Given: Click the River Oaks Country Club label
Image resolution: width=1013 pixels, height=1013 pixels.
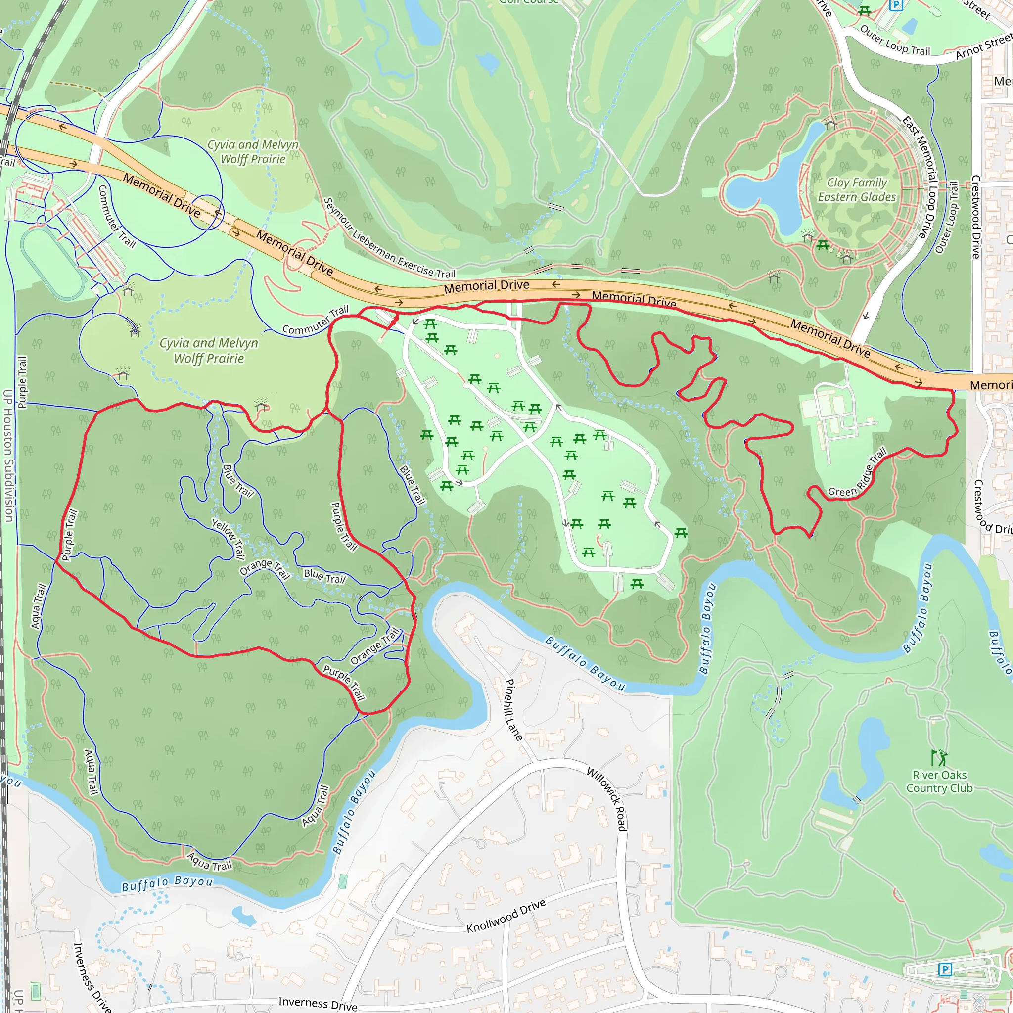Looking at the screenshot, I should click(x=940, y=782).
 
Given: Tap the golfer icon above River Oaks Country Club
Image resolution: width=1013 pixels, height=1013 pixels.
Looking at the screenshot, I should click(x=939, y=758).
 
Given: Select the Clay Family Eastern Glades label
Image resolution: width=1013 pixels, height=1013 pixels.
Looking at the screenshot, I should click(x=857, y=190).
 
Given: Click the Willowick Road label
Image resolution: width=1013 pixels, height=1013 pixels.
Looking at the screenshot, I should click(x=607, y=799).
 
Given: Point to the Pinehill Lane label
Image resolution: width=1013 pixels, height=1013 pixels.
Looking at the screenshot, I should click(x=513, y=710).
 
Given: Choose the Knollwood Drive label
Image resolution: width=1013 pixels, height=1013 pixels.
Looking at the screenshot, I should click(x=506, y=916).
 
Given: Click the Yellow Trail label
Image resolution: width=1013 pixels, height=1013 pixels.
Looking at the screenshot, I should click(x=229, y=539).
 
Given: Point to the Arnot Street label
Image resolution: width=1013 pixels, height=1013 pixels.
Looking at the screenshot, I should click(x=983, y=46).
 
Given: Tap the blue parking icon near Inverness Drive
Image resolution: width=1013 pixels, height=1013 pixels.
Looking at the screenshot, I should click(x=945, y=969).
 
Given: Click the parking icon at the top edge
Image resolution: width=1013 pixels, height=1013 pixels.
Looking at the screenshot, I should click(x=896, y=5).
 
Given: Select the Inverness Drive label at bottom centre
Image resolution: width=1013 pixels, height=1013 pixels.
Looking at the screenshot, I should click(x=318, y=1004).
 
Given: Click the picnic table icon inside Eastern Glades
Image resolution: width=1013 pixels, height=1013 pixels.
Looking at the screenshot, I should click(x=823, y=245).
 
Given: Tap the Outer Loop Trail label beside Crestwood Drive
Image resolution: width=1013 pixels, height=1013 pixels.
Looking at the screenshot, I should click(x=947, y=218).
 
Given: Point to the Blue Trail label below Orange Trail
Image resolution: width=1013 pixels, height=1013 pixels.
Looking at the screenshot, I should click(x=324, y=576).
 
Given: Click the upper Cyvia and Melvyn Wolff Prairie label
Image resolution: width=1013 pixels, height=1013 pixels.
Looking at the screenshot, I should click(x=253, y=152).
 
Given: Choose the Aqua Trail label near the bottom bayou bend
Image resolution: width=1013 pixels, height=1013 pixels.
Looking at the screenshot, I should click(x=210, y=862).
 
